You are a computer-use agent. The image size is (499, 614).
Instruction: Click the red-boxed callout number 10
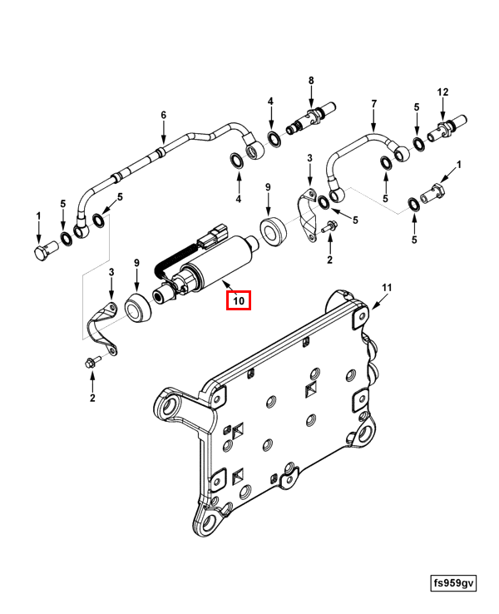[239, 300]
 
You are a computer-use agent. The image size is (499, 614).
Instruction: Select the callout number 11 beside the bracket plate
[387, 288]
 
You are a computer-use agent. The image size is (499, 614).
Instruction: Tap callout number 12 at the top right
[442, 92]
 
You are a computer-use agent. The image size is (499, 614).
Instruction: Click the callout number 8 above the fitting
[311, 80]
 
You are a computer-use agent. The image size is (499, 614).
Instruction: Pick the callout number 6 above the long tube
[164, 115]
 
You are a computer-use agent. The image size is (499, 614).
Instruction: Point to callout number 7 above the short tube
[374, 104]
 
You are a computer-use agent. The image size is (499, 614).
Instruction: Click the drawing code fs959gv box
[453, 583]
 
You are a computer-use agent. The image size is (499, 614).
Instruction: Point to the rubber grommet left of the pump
[138, 308]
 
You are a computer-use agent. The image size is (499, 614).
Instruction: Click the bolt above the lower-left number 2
[92, 361]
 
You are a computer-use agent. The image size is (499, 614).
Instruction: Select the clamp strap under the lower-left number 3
[101, 328]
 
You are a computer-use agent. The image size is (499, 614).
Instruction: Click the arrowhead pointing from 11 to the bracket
[373, 306]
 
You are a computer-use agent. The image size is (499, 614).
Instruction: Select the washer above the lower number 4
[237, 161]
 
